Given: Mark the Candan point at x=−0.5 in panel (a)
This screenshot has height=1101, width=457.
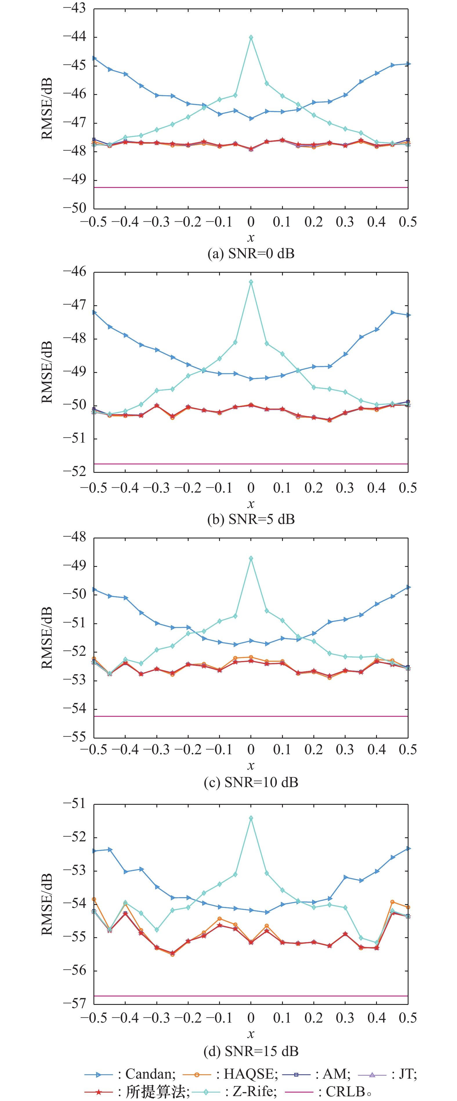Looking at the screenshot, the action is coord(94,58).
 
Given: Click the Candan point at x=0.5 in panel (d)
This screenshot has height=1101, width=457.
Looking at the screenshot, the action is coord(408,848).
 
